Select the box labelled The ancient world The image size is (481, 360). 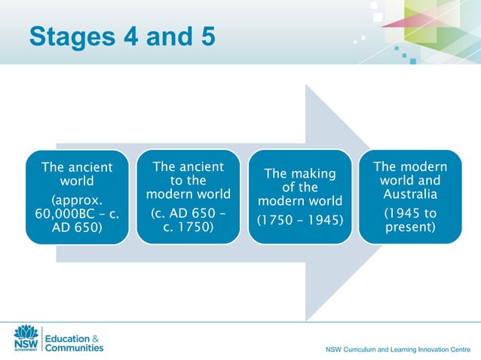[x=76, y=197]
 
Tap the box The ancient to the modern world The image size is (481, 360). [x=188, y=197]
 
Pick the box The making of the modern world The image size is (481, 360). [x=299, y=197]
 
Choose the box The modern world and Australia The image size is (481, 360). [x=410, y=197]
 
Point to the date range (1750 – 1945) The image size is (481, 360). [x=300, y=221]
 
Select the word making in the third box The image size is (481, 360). [x=313, y=174]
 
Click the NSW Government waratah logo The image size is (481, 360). [x=26, y=334]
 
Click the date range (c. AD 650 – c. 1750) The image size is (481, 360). [x=188, y=221]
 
